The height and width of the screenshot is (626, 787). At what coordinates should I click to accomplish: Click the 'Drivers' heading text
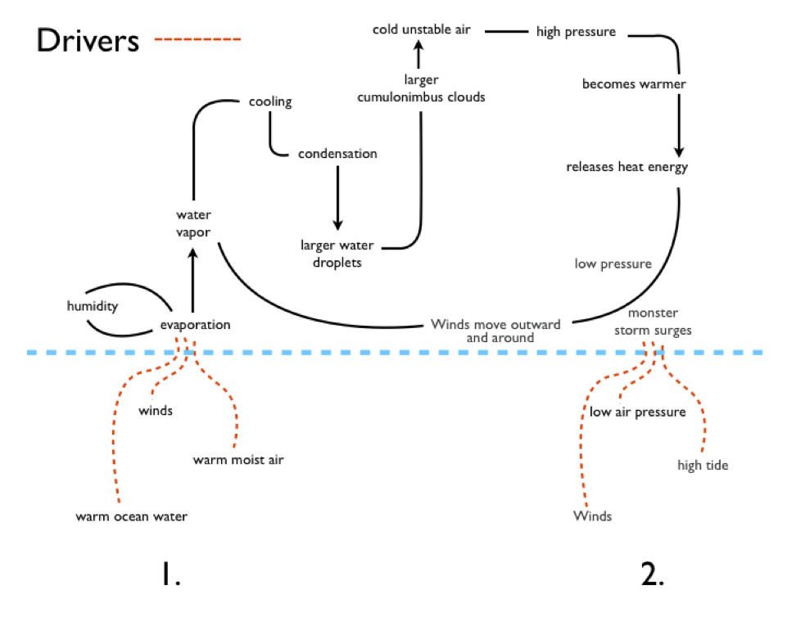[x=88, y=40]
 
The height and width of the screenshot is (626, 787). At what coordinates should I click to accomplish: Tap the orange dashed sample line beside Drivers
[x=197, y=39]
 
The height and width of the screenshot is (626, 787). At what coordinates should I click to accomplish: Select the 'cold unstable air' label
[x=421, y=30]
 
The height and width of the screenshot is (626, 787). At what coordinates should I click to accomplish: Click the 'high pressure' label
[x=576, y=33]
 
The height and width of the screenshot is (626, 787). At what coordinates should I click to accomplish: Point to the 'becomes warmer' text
[x=622, y=83]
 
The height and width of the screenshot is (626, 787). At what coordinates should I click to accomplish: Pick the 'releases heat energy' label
[x=627, y=167]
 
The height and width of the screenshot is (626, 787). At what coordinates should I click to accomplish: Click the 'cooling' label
[x=270, y=102]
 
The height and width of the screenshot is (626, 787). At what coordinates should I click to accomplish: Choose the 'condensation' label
[x=337, y=153]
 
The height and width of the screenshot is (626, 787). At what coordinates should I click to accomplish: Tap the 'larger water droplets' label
[x=337, y=253]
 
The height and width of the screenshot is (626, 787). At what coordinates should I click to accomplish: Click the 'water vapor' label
[x=193, y=223]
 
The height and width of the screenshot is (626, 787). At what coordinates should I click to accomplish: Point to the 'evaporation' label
[x=196, y=325]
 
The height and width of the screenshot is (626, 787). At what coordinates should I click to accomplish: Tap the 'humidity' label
[x=93, y=306]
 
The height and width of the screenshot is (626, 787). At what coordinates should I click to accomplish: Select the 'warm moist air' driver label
[x=238, y=459]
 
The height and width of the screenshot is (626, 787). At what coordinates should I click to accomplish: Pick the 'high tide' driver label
[x=703, y=466]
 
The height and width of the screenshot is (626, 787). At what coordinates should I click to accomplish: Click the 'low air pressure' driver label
[x=637, y=412]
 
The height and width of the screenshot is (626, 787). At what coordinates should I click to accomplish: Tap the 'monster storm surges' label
[x=653, y=322]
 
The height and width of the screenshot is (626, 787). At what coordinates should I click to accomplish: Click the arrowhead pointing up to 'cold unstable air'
[x=420, y=47]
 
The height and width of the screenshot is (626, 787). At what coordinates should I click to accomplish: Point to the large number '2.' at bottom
[x=652, y=576]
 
